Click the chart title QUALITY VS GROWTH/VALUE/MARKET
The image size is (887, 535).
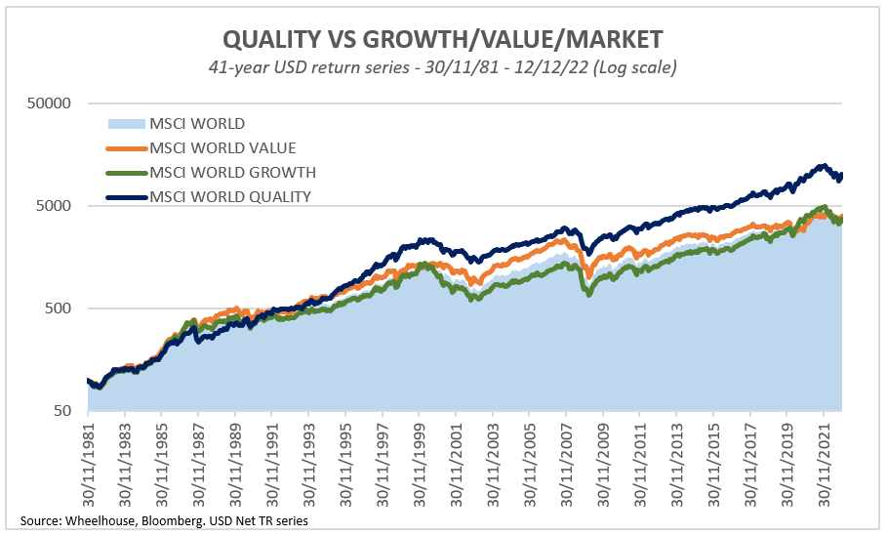pos(442,39)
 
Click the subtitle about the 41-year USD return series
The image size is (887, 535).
pos(442,67)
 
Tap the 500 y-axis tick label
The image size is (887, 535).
pos(65,309)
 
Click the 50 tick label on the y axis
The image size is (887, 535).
pos(69,411)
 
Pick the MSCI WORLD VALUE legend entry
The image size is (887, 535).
pos(222,147)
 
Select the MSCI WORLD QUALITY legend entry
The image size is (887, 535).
pos(230,196)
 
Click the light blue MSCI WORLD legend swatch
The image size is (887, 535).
pos(125,124)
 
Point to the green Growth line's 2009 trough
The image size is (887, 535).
pos(588,292)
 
